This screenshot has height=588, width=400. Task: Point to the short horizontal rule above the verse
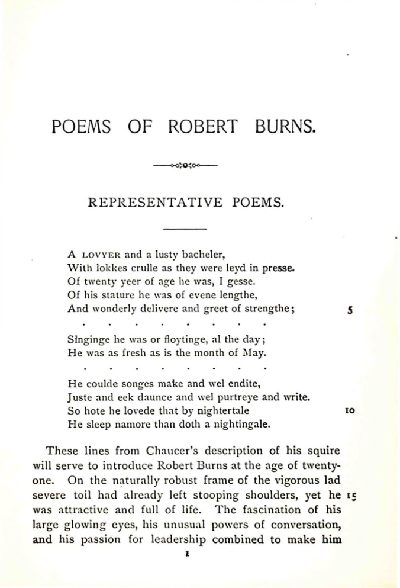(x=184, y=229)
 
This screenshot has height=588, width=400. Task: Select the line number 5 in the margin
(x=350, y=309)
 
